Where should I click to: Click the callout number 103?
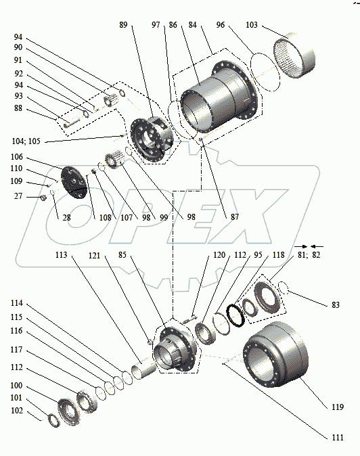pos(252,25)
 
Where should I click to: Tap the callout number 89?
pos(123,25)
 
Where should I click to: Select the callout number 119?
pos(338,407)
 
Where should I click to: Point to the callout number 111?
pos(338,437)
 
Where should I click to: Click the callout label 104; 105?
pos(26,141)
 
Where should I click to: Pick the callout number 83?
pos(336,304)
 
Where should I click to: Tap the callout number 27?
pos(18,196)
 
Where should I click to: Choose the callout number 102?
pos(16,411)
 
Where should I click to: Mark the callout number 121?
pos(94,255)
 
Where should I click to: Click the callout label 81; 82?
pos(309,255)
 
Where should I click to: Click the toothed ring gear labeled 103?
pos(294,58)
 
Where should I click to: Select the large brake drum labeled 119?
pos(275,354)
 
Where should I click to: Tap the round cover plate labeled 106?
pos(74,183)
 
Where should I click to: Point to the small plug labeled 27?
pos(44,198)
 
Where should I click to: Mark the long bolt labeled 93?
pos(71,124)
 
